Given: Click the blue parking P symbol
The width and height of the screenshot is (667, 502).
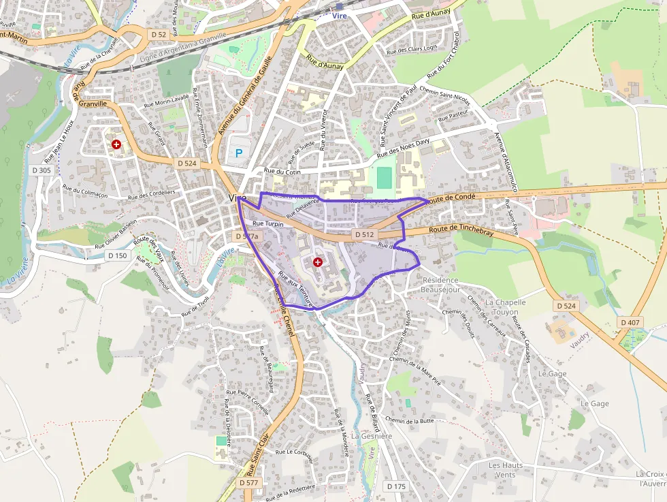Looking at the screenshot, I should click(238, 154).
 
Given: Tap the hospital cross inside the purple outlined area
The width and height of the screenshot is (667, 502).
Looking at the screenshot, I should click(318, 262).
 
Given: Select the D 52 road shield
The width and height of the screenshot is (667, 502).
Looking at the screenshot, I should click(159, 33).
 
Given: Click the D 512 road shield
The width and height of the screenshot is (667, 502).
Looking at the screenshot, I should click(364, 234).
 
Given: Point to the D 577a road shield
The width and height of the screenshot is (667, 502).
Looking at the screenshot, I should click(247, 236).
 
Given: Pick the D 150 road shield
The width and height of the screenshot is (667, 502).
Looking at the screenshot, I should click(117, 255).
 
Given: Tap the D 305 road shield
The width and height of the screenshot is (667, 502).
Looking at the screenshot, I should click(42, 170).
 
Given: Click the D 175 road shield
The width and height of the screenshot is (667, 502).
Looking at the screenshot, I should click(395, 486).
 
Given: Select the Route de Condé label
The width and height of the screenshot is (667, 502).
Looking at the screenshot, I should click(452, 197).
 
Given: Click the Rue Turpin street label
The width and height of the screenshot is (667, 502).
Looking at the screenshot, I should click(267, 223).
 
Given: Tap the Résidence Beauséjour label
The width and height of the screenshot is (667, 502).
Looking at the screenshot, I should click(441, 285).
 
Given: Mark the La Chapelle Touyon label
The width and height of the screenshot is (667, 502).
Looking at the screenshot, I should click(505, 307).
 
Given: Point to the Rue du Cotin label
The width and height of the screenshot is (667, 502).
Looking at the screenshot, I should click(282, 172).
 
